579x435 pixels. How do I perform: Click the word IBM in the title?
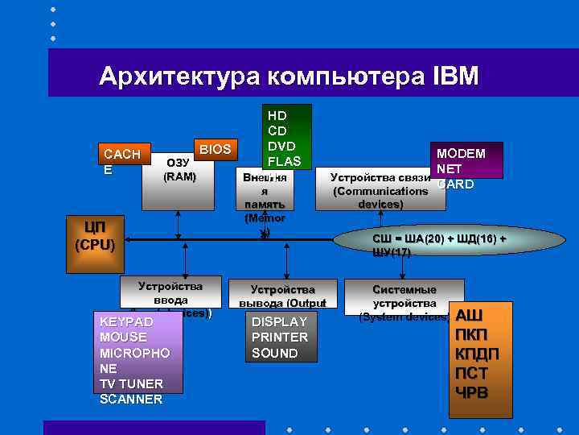(x=455, y=77)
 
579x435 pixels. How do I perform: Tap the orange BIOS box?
(x=215, y=149)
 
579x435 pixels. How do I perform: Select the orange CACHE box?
(x=117, y=161)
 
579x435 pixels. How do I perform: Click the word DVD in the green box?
(x=281, y=146)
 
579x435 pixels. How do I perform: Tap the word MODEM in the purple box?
(x=461, y=154)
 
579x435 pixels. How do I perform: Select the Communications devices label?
(x=380, y=191)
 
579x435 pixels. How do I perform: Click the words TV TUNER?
(x=131, y=383)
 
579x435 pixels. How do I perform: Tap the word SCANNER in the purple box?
(x=131, y=399)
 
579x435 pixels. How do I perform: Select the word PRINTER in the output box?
(x=280, y=337)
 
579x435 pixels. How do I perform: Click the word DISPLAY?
(x=280, y=321)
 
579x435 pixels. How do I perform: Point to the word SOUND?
(x=275, y=353)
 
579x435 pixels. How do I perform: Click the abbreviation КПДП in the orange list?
(x=477, y=354)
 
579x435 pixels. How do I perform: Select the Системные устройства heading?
(x=404, y=296)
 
